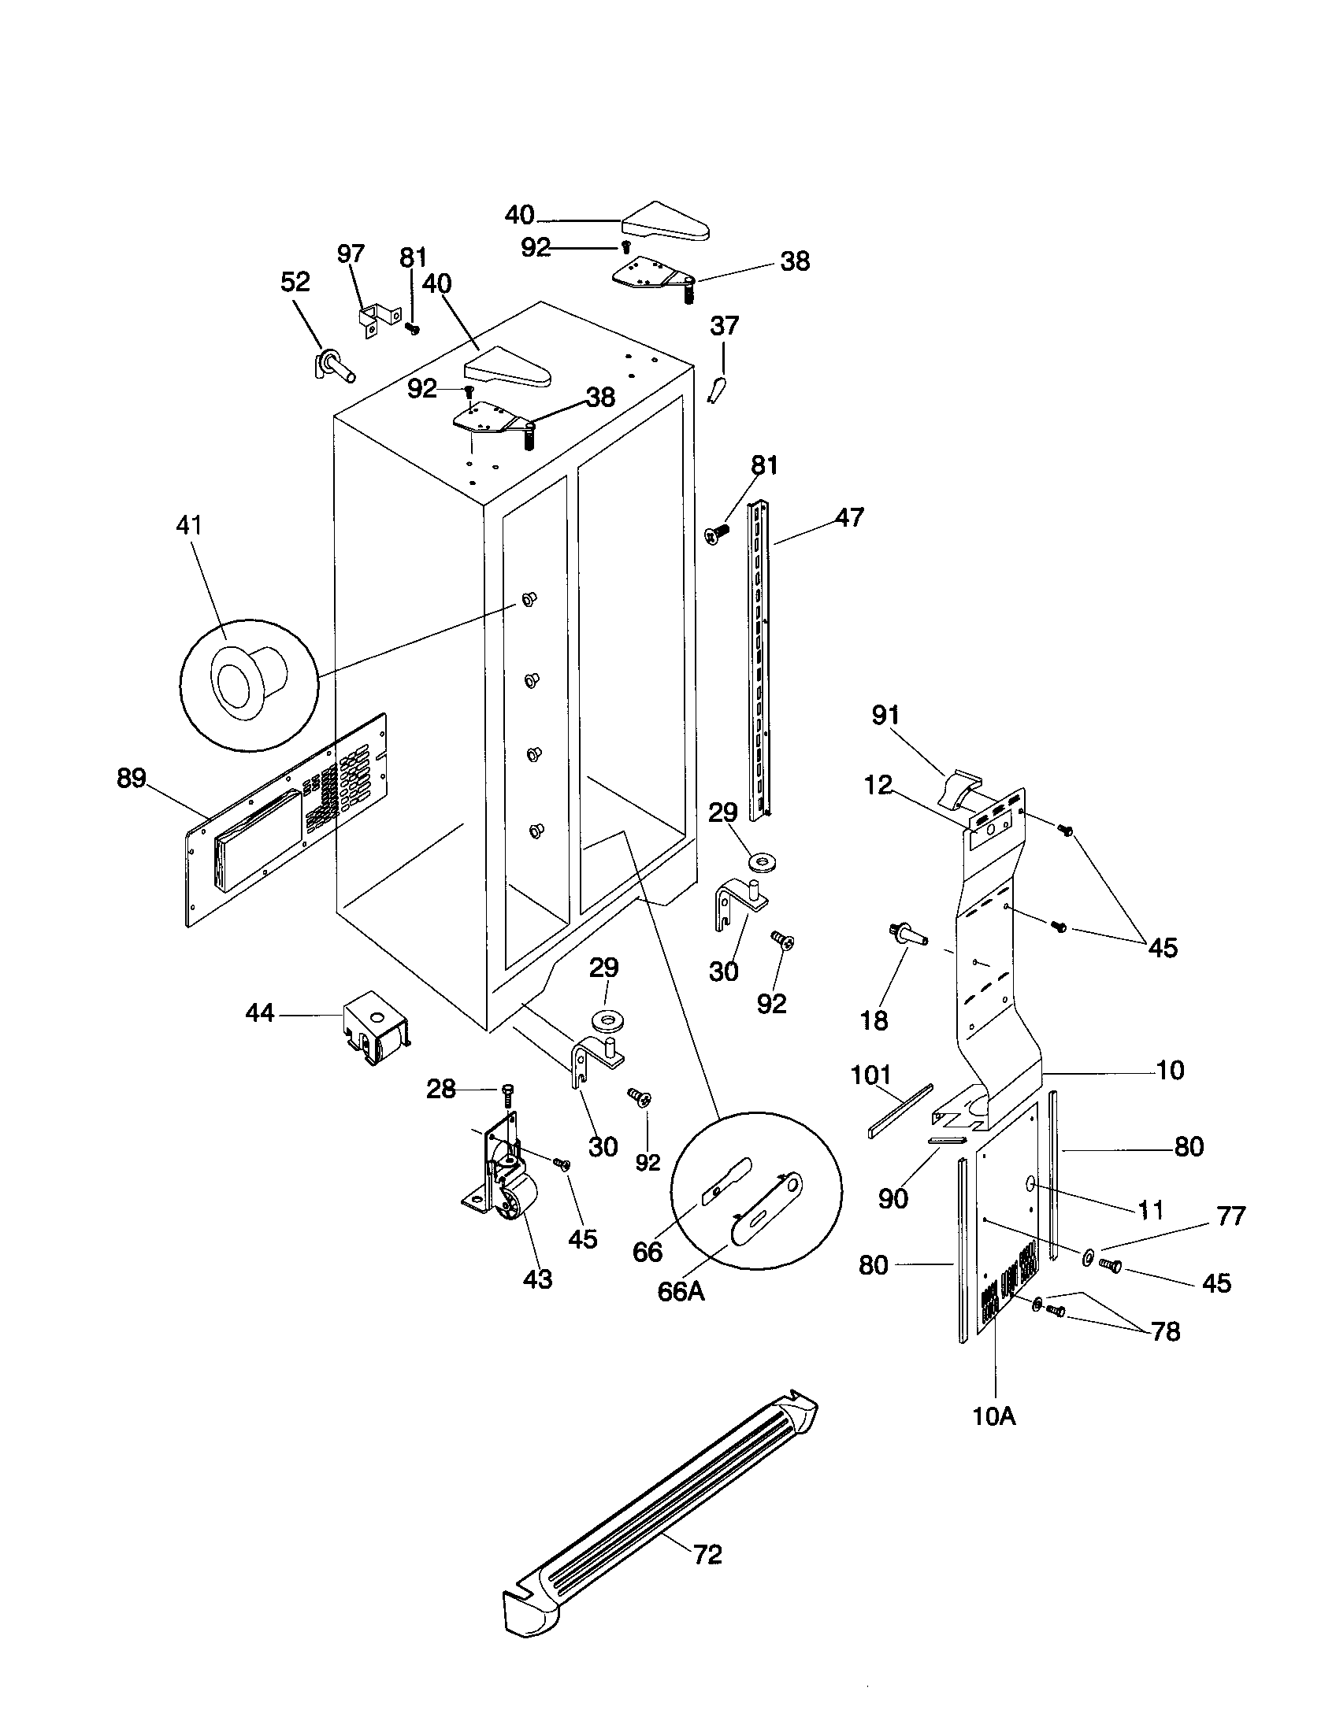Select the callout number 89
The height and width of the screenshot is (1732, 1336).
[131, 778]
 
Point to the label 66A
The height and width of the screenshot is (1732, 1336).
[681, 1292]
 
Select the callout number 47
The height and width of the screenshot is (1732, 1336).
[849, 517]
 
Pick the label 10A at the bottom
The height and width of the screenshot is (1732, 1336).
[994, 1416]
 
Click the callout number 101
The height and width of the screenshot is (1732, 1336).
[870, 1076]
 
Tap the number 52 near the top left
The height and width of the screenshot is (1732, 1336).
[295, 282]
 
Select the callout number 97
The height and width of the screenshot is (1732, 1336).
[351, 254]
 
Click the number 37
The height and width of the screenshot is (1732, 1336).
[725, 325]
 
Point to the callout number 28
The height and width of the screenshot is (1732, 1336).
[441, 1090]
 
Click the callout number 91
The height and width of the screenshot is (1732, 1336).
[885, 716]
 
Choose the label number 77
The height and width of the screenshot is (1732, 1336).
[1230, 1216]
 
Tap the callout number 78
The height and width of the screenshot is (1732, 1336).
[1165, 1331]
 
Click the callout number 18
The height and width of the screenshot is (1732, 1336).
[874, 1020]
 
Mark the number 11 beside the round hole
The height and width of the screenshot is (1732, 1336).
[1150, 1210]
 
